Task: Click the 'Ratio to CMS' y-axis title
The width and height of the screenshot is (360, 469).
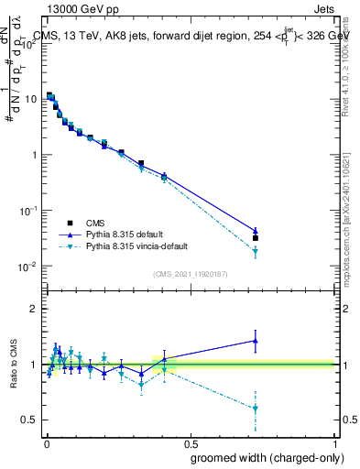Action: tap(12, 365)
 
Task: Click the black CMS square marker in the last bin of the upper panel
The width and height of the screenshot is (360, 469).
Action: tap(256, 238)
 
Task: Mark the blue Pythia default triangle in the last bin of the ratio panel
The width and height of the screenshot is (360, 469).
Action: tap(256, 341)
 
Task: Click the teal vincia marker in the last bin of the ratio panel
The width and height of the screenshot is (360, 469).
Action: tap(256, 408)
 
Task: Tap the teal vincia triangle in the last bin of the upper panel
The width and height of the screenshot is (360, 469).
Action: tap(256, 251)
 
